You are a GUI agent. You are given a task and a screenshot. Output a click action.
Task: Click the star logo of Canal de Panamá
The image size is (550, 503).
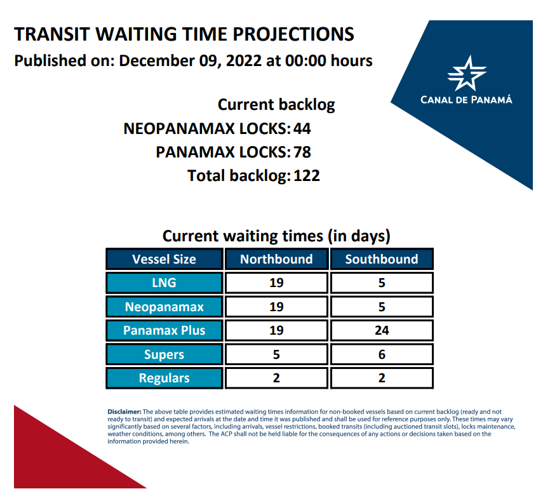click(467, 74)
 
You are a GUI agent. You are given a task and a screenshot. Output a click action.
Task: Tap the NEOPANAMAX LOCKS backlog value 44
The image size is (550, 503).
click(302, 129)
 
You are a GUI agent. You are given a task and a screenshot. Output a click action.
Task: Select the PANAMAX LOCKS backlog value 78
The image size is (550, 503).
click(302, 152)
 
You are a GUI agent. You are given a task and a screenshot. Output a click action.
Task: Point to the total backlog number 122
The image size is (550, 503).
click(307, 176)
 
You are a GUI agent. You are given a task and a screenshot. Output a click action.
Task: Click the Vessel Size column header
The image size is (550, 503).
click(164, 259)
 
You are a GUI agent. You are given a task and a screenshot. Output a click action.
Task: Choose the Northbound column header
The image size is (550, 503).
click(276, 259)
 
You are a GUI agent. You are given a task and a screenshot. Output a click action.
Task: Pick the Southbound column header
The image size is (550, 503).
click(382, 259)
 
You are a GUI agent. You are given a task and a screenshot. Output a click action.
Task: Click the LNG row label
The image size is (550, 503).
click(164, 283)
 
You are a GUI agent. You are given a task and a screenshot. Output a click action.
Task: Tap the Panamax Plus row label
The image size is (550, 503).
click(164, 330)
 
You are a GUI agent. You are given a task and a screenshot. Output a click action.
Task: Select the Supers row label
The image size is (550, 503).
click(164, 354)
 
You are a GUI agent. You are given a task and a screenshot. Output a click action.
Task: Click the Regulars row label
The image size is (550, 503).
click(164, 378)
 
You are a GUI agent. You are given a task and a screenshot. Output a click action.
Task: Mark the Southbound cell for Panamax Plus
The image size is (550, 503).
click(382, 330)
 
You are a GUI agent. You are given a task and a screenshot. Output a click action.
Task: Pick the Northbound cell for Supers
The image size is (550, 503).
click(276, 354)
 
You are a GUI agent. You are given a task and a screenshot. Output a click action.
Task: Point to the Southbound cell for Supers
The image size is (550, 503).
click(382, 354)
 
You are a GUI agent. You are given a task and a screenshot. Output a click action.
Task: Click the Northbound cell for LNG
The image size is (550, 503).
click(276, 283)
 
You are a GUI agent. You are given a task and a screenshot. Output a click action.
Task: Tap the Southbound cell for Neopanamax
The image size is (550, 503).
click(382, 307)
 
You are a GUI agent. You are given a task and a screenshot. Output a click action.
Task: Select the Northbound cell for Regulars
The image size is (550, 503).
click(276, 378)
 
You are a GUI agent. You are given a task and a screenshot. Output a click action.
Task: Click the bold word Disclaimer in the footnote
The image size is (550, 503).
click(124, 412)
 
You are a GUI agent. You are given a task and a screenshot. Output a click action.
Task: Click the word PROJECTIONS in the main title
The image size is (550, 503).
click(293, 34)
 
